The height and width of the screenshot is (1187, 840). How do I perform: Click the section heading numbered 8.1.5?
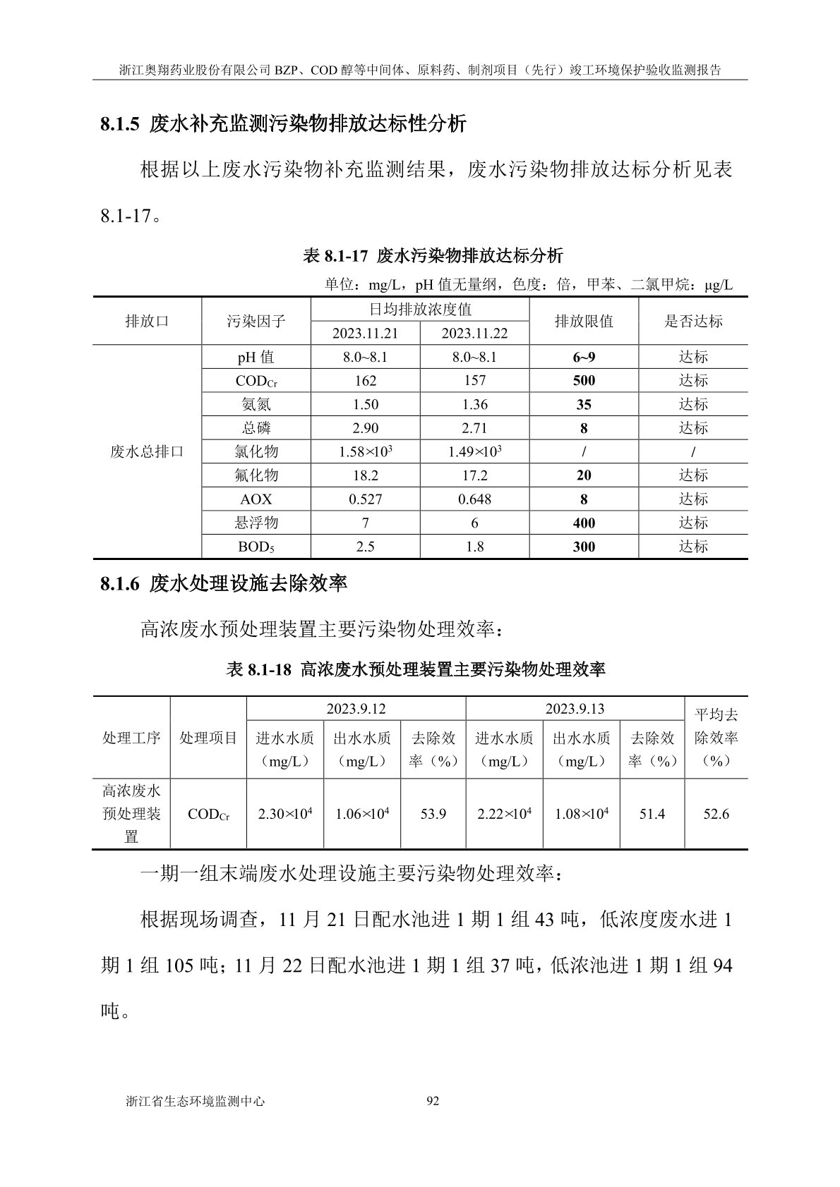tap(283, 124)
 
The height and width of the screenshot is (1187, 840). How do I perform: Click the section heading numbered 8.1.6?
tap(223, 583)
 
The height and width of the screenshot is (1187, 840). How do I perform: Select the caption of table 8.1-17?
tap(433, 255)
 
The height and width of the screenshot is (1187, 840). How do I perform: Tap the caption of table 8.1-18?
tap(415, 669)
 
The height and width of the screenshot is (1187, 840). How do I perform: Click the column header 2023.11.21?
tap(365, 334)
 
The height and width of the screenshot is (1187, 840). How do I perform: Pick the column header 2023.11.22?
tap(474, 334)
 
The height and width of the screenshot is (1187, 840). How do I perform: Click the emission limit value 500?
tap(584, 381)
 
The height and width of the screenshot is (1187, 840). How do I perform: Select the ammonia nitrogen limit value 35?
tap(584, 405)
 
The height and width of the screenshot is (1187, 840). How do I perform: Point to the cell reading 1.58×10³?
tap(366, 451)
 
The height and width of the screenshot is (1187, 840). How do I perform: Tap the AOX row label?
tap(256, 499)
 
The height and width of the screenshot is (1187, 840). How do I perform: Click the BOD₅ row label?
tap(256, 547)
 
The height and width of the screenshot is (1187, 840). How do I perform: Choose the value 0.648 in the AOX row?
tap(474, 499)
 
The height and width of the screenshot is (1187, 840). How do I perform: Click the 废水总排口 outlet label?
tap(147, 451)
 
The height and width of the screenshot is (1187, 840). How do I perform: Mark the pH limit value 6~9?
tap(584, 357)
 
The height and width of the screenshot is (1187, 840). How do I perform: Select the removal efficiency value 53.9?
tap(433, 814)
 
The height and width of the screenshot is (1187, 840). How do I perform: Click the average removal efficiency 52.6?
tap(716, 814)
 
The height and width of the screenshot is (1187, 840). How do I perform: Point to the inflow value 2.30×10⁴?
tap(285, 814)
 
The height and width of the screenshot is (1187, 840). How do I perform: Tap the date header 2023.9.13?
tap(575, 709)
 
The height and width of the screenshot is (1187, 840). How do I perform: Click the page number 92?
tap(433, 1100)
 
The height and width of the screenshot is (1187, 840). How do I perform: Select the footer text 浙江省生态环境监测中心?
tap(194, 1100)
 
